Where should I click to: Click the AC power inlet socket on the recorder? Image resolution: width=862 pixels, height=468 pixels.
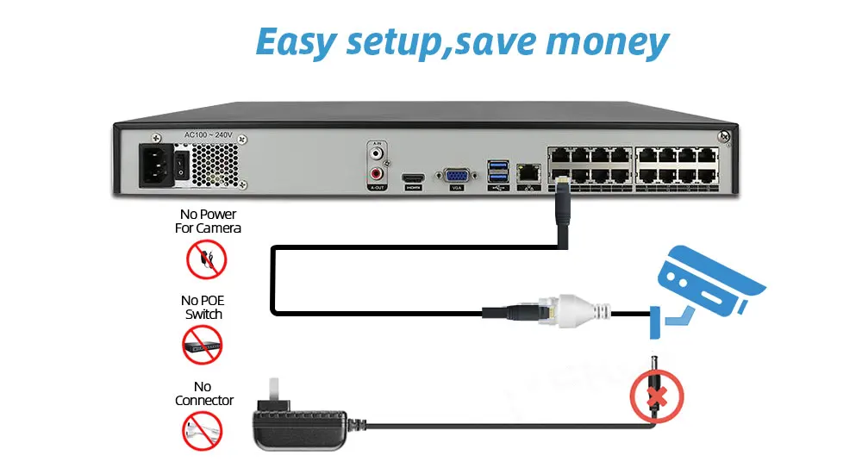[159, 162]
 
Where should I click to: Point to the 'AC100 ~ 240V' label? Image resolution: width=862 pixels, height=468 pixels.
[209, 135]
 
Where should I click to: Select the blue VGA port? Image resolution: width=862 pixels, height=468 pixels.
[457, 175]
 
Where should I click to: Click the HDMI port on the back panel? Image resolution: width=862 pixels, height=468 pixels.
[414, 180]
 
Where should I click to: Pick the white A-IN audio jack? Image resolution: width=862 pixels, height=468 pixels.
[378, 153]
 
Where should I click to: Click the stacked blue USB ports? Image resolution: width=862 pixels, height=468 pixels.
[498, 172]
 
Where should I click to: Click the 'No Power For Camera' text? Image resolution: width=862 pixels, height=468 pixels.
[207, 221]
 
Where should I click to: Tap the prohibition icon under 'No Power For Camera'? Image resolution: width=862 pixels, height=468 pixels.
[207, 259]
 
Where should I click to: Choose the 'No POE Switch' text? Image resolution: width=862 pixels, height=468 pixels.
[203, 307]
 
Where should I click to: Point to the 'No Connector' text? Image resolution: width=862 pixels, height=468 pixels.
[204, 393]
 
